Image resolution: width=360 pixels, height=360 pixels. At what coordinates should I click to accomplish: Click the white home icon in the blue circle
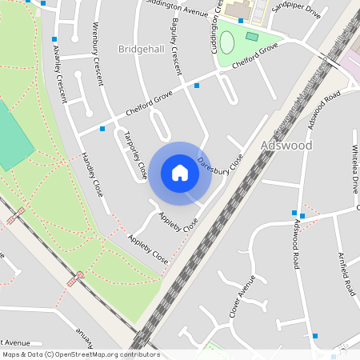pos(180,173)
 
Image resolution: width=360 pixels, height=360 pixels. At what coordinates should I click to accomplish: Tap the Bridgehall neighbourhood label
pos(141,50)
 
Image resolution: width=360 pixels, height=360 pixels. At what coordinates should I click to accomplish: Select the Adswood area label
pos(286,146)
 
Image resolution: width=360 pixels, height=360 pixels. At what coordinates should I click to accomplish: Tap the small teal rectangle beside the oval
pos(252,36)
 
